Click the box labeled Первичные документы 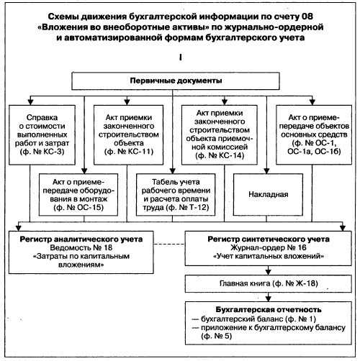pyautogui.click(x=176, y=81)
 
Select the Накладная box pyautogui.click(x=268, y=194)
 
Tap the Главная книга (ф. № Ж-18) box pyautogui.click(x=269, y=283)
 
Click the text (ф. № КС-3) pyautogui.click(x=42, y=152)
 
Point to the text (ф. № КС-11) pyautogui.click(x=129, y=152)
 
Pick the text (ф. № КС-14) pyautogui.click(x=220, y=156)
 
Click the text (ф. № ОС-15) pyautogui.click(x=78, y=208)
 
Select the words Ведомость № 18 pyautogui.click(x=81, y=247)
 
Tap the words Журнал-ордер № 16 pyautogui.click(x=269, y=247)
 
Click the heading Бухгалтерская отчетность pyautogui.click(x=269, y=310)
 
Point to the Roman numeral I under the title pyautogui.click(x=180, y=58)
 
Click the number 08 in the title pyautogui.click(x=307, y=17)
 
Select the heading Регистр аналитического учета pyautogui.click(x=81, y=239)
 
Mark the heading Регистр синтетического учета pyautogui.click(x=269, y=239)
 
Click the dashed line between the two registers pyautogui.click(x=169, y=245)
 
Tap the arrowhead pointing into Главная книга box pyautogui.click(x=269, y=272)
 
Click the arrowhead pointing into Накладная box pyautogui.click(x=266, y=171)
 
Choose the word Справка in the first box pyautogui.click(x=42, y=118)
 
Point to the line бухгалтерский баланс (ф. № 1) pyautogui.click(x=258, y=319)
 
